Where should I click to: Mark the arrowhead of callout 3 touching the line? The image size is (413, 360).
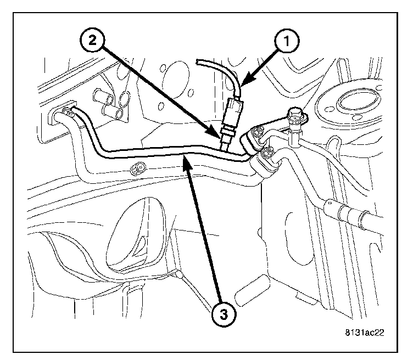point(187,160)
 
